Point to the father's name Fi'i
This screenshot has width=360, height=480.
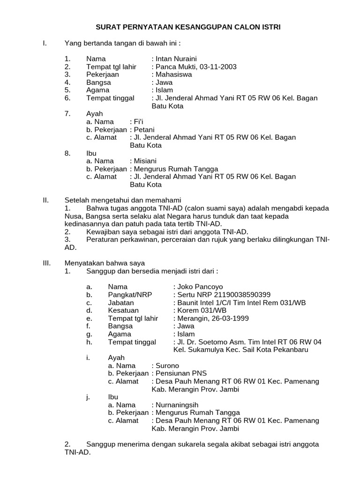(x=138, y=122)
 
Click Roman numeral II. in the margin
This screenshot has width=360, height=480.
(x=46, y=200)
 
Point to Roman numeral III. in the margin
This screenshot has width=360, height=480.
(x=46, y=263)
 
